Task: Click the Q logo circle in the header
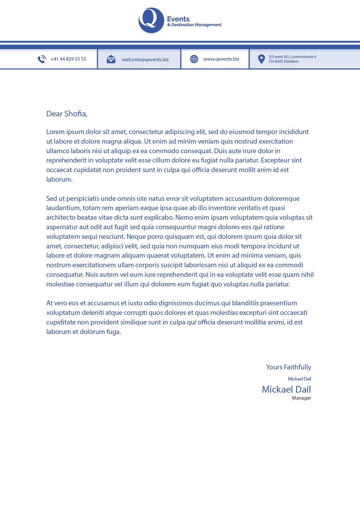point(151,20)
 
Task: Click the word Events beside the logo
point(178,19)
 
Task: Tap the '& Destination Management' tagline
point(194,25)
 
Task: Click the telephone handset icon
point(42,59)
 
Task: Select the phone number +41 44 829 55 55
point(68,59)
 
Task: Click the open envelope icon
point(111,59)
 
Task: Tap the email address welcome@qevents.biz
point(145,60)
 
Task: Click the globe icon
point(194,59)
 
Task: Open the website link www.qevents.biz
point(221,59)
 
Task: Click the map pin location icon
point(261,59)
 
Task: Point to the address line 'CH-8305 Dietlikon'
point(284,62)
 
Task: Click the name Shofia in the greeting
point(75,114)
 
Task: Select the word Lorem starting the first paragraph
point(55,132)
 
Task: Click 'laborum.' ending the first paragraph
point(59,179)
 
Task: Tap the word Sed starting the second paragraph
point(51,198)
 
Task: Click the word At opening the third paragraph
point(49,303)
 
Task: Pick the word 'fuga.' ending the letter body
point(114,332)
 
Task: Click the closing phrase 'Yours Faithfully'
point(288,367)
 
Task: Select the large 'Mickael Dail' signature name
point(286,389)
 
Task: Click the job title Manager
point(301,398)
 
